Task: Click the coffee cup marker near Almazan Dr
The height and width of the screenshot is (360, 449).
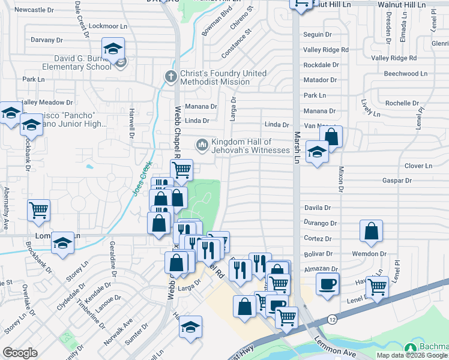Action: click(x=328, y=284)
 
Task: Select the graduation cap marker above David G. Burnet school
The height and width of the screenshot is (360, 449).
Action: click(x=113, y=49)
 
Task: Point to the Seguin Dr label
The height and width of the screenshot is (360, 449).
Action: click(x=318, y=35)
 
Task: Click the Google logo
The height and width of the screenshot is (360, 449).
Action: click(x=20, y=352)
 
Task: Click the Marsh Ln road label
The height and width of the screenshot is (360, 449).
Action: click(x=297, y=150)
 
